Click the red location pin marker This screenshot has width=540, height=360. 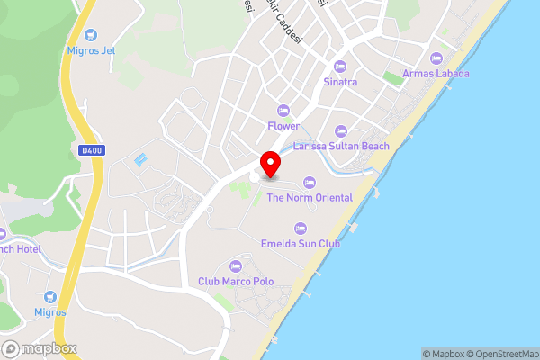(x=269, y=166)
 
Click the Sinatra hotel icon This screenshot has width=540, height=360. (x=340, y=66)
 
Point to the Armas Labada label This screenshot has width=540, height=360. (x=436, y=73)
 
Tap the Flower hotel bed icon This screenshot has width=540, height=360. (x=283, y=110)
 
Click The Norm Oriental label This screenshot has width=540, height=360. (x=310, y=198)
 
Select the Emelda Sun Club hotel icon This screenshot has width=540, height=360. (x=301, y=228)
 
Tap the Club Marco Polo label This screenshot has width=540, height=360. (x=236, y=281)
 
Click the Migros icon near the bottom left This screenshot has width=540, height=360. (x=50, y=296)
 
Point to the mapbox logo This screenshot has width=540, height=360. (x=39, y=348)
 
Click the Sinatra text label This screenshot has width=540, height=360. (x=340, y=82)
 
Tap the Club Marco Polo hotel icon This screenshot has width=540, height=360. (x=236, y=265)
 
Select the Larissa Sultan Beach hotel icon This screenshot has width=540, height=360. (x=341, y=130)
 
